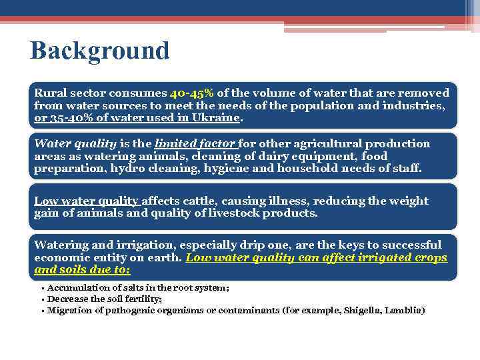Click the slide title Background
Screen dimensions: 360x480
tap(99, 51)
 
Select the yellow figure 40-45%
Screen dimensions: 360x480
tap(191, 93)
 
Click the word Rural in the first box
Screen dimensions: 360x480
tap(49, 93)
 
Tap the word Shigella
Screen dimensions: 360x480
tap(361, 310)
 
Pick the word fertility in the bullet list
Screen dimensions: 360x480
tap(136, 299)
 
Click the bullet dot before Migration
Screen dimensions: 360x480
tap(43, 311)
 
